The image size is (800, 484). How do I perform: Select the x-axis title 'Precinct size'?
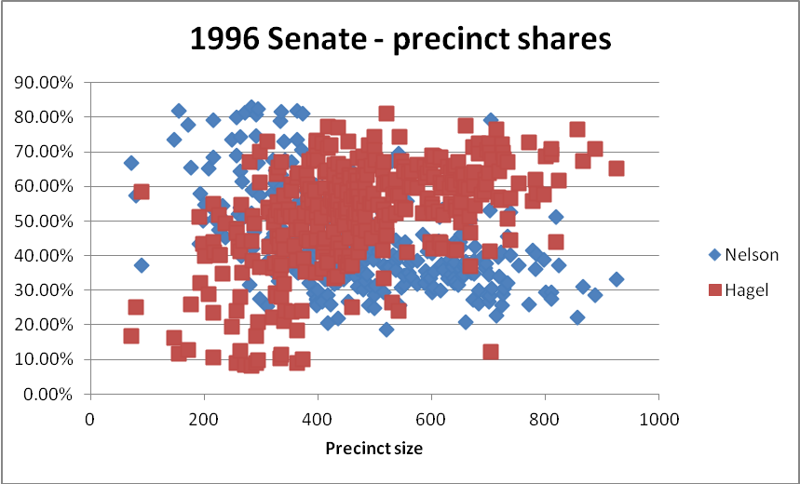[373, 449]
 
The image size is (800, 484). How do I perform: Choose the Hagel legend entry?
[741, 290]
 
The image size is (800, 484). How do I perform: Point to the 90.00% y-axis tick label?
[46, 82]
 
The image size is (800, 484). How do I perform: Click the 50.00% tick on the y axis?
[46, 221]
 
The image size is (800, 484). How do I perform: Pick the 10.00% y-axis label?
[46, 359]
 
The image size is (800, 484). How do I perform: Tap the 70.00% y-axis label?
[46, 152]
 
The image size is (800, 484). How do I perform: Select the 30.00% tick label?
[46, 289]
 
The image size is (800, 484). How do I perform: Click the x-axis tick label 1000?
[659, 419]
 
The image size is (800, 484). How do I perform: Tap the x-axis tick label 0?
[89, 419]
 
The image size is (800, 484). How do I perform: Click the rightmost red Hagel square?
[616, 168]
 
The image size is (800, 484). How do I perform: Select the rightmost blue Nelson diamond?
[617, 279]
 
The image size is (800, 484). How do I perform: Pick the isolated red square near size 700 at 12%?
[491, 352]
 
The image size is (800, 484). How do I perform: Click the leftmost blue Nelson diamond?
[131, 163]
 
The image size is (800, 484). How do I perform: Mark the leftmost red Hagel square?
[131, 336]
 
